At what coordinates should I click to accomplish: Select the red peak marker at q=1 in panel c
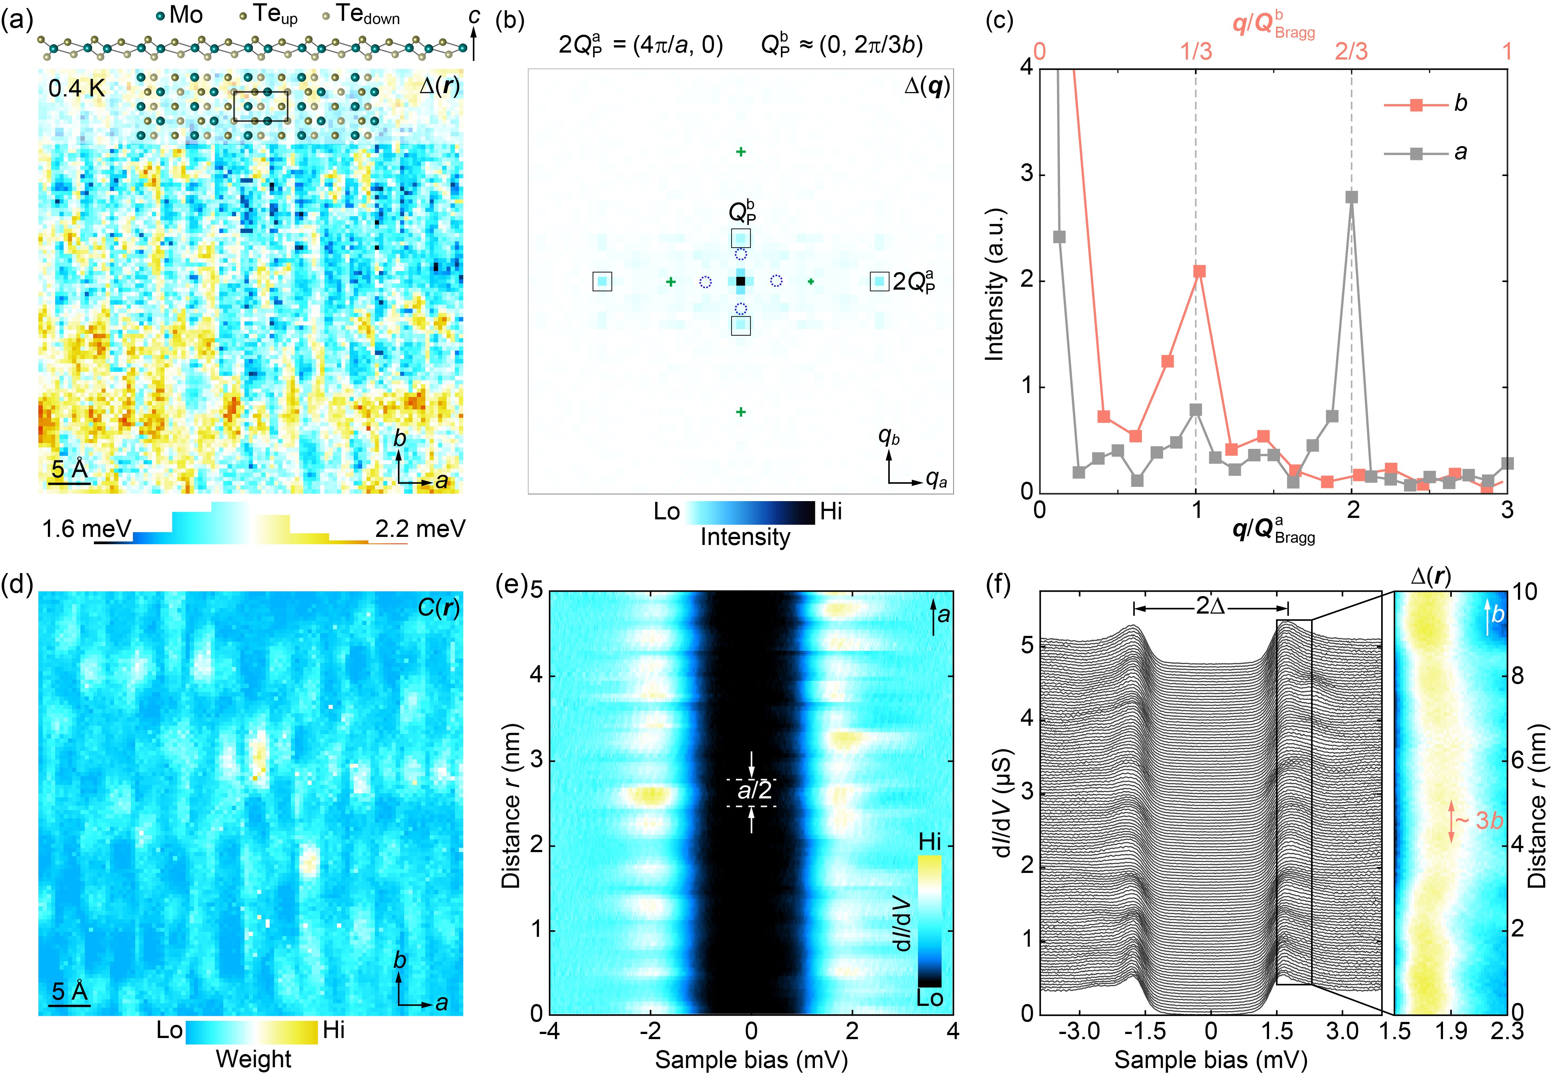1198,272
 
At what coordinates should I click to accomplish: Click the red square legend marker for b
1416,104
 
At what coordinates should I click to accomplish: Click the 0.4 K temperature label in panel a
76,88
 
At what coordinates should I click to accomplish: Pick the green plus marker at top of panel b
740,152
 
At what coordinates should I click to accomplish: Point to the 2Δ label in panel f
1211,606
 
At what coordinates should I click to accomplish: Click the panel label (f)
999,584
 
